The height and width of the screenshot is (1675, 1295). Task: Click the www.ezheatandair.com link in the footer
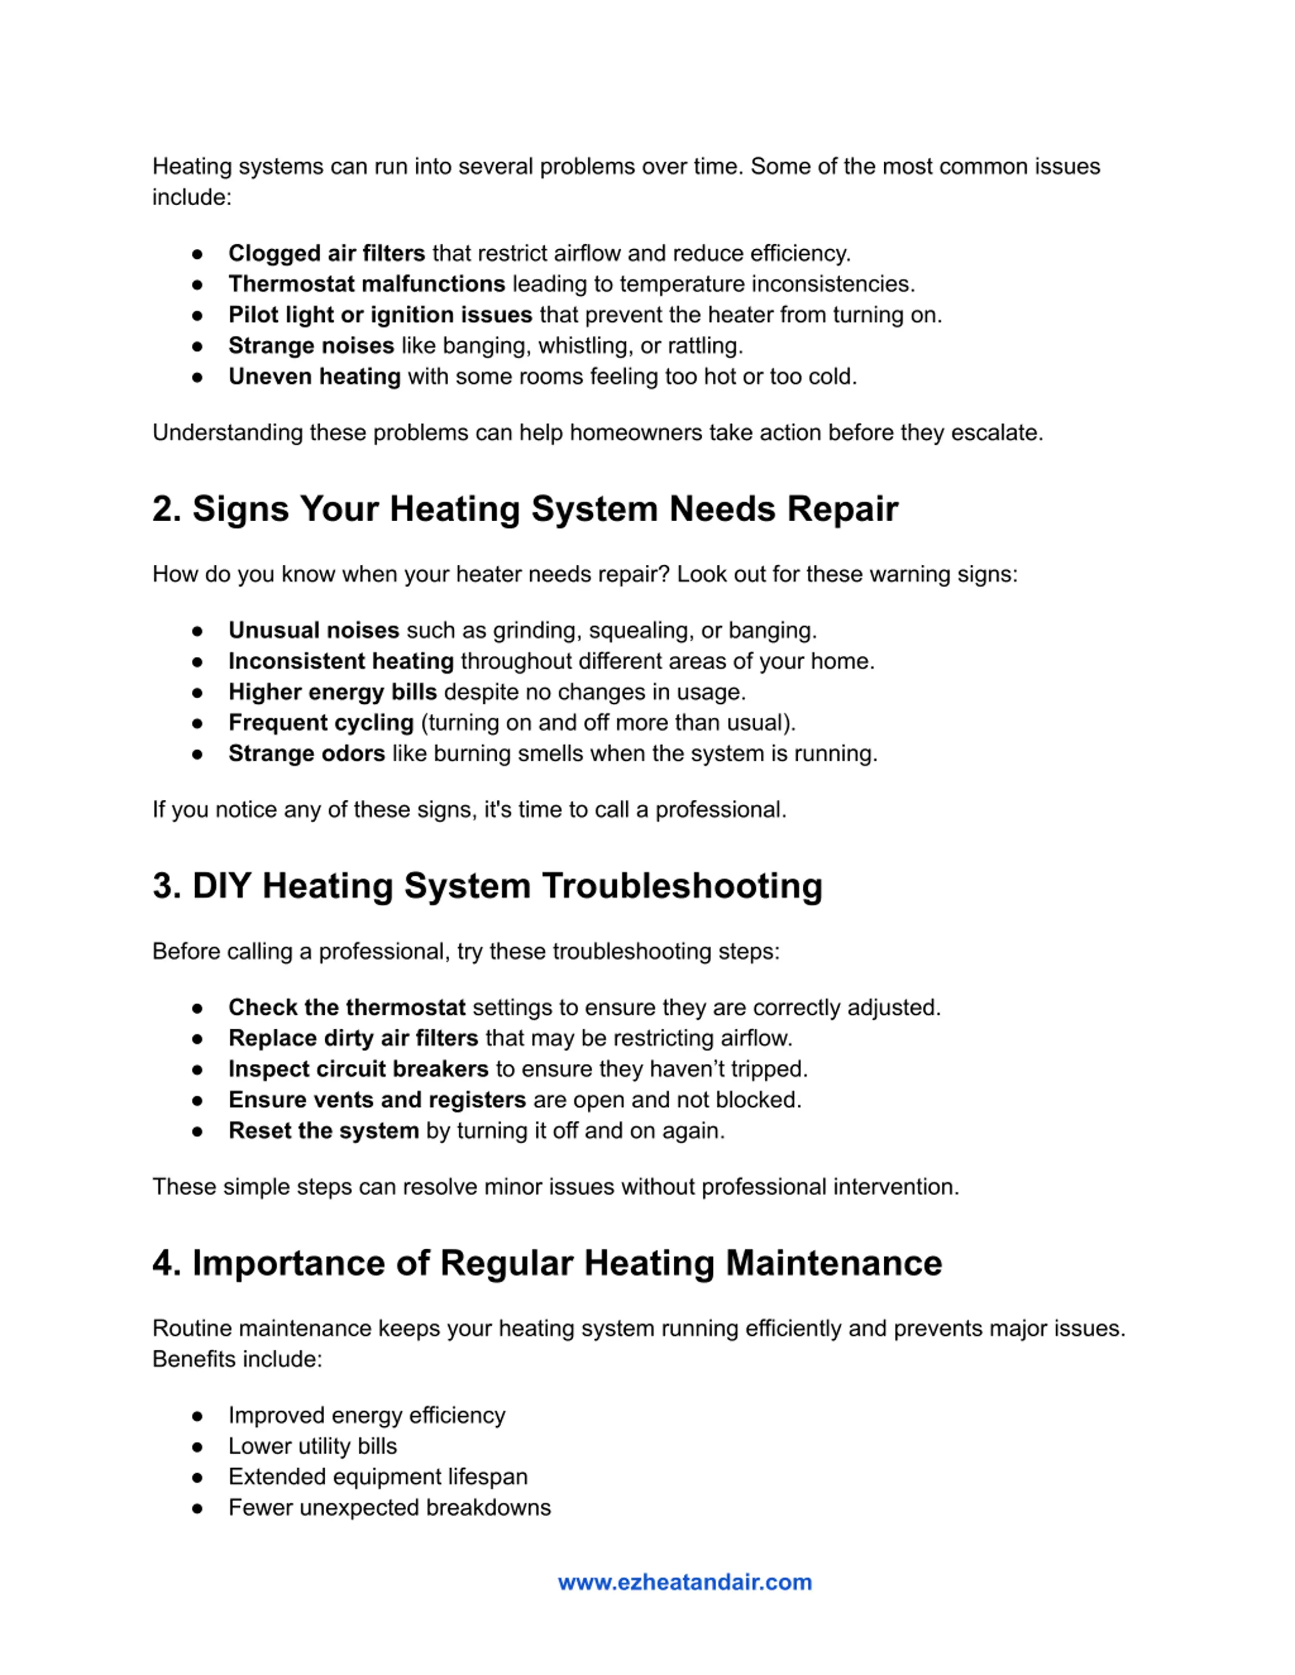click(x=684, y=1582)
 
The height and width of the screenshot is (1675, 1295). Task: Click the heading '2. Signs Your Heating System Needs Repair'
click(x=525, y=509)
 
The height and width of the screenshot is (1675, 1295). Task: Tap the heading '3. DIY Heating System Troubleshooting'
click(x=487, y=886)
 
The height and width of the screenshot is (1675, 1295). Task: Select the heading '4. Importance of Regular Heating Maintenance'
click(x=547, y=1263)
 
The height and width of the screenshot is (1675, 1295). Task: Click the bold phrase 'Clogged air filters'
click(x=326, y=253)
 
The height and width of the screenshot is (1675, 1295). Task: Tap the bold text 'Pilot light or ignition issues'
click(x=380, y=315)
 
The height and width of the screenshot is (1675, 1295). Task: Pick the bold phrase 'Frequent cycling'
click(x=321, y=722)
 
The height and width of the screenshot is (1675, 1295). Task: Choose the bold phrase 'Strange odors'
click(x=306, y=753)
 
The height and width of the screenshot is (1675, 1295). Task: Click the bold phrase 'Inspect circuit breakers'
click(x=358, y=1069)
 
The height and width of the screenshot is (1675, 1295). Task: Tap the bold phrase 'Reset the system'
click(x=323, y=1130)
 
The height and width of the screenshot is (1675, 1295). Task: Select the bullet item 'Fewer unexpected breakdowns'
click(x=389, y=1507)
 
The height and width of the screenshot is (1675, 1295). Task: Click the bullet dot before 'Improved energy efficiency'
click(x=197, y=1416)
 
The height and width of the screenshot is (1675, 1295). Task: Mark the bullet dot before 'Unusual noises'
click(x=197, y=631)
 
